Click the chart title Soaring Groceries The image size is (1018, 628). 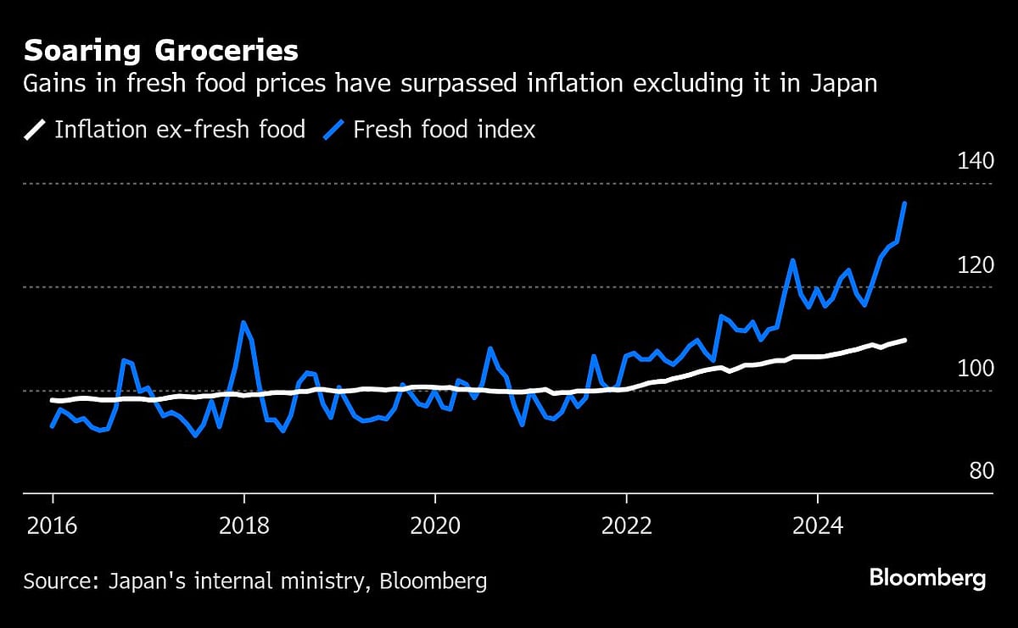[x=160, y=52]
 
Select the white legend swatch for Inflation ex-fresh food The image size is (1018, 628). [x=36, y=130]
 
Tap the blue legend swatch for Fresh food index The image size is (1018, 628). [x=336, y=130]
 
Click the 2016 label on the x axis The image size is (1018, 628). [x=53, y=525]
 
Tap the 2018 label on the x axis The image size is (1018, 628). [x=243, y=525]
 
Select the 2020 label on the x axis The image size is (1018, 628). [x=434, y=525]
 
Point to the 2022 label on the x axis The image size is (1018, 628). [x=626, y=525]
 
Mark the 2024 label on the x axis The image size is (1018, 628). [x=817, y=525]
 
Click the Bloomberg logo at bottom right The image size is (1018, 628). [x=927, y=580]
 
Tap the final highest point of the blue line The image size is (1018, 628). [x=904, y=203]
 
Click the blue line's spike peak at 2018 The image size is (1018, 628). [x=243, y=322]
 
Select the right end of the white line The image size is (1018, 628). [x=905, y=340]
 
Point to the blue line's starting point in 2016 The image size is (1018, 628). [x=53, y=425]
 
